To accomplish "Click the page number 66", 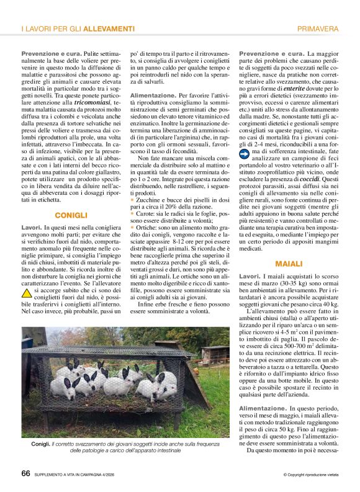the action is (25, 474).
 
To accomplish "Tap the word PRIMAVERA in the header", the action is (318, 29).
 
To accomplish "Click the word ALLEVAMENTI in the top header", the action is (110, 29).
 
